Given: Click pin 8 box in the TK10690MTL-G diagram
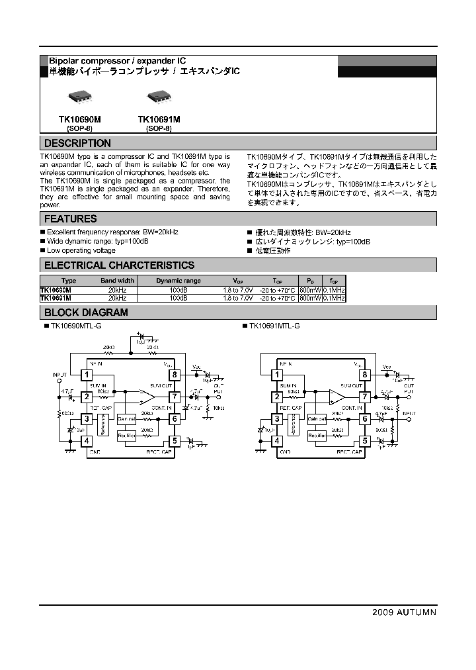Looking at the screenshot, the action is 175,375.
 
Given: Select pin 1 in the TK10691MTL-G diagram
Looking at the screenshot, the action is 276,375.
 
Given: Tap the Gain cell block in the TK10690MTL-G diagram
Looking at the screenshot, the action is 126,420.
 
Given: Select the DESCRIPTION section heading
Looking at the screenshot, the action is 77,143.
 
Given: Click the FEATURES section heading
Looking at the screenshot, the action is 70,218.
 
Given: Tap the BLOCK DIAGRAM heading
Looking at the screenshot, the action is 86,312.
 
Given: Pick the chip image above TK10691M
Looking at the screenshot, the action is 159,97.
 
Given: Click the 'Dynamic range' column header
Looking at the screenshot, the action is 178,281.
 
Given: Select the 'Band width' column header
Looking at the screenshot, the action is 117,281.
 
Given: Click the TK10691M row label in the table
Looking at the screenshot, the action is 56,299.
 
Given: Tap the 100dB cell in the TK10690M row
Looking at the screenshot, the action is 178,290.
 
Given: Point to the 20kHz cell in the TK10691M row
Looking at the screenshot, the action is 117,299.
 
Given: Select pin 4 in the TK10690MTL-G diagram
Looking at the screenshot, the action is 86,441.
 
